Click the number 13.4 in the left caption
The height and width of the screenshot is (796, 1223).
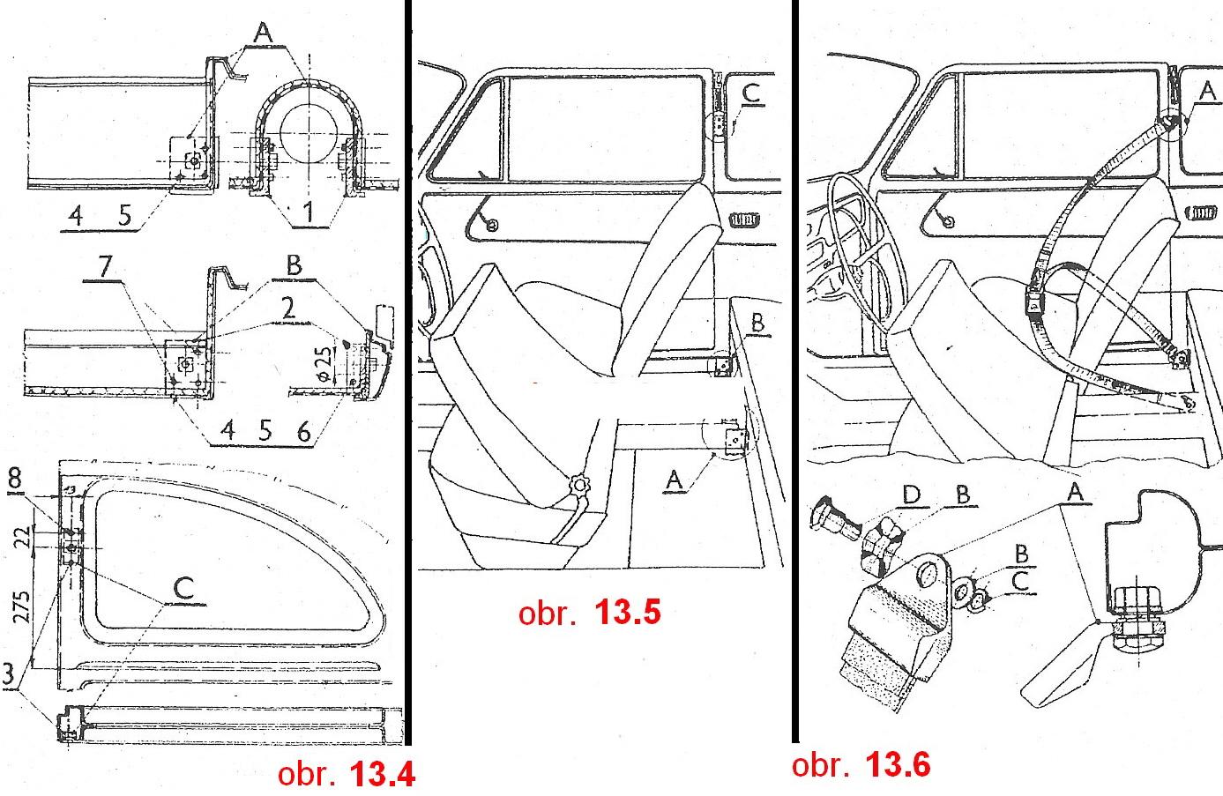pos(382,775)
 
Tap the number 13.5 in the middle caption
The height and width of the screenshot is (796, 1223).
pos(628,612)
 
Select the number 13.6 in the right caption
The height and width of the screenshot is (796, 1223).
pos(898,764)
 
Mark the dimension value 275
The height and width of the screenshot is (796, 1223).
pos(23,606)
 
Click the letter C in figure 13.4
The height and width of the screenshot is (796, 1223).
pos(183,588)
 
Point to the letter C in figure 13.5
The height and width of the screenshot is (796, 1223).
pos(750,93)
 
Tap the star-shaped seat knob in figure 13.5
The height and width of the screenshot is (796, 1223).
pos(579,486)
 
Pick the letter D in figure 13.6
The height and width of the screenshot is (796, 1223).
pos(912,495)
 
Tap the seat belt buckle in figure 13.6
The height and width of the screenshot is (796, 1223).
pos(1035,296)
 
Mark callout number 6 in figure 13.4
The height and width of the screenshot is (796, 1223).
pos(304,431)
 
